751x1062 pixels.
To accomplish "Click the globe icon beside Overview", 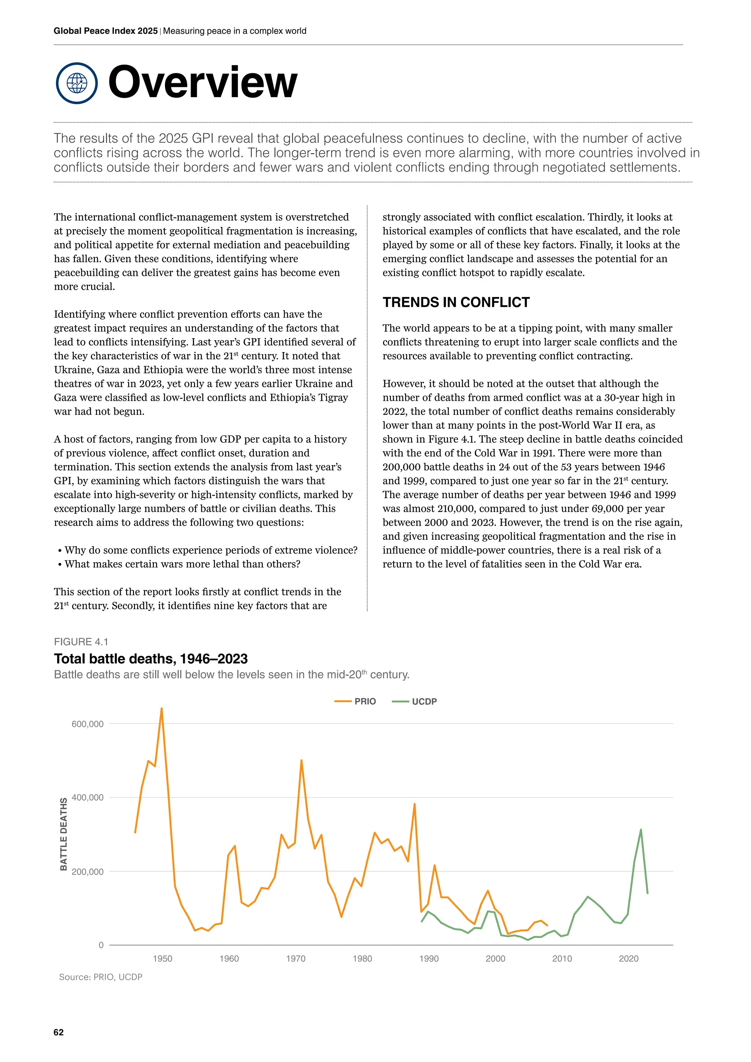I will coord(77,83).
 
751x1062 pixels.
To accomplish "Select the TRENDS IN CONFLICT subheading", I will coord(455,302).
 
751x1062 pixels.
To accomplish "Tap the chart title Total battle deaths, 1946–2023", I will coord(151,659).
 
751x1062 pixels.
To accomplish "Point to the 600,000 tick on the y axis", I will coord(87,724).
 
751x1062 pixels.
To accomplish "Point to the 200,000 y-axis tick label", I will coord(87,872).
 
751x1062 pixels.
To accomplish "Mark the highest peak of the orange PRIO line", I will coord(161,708).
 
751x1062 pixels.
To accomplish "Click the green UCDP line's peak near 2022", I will coord(641,830).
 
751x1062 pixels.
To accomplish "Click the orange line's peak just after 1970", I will coord(301,761).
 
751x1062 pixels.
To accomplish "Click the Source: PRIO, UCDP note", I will coord(100,977).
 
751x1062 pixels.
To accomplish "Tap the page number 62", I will coord(59,1032).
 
